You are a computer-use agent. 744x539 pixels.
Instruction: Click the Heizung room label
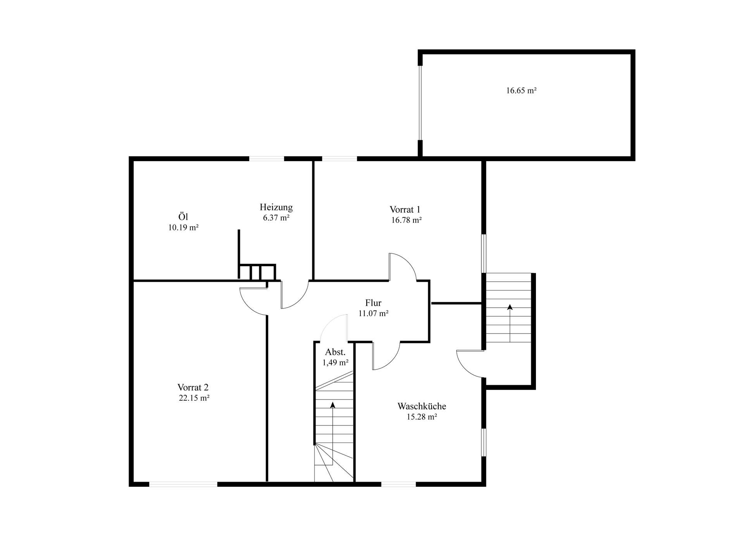click(276, 207)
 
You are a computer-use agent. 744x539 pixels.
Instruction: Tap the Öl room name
click(183, 217)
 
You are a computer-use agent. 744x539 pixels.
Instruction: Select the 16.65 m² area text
click(521, 91)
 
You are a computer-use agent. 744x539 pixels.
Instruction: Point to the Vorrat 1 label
click(405, 210)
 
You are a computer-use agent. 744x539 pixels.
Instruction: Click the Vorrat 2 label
click(193, 387)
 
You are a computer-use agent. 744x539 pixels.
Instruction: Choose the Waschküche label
click(422, 406)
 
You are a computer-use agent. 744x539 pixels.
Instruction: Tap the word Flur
click(373, 303)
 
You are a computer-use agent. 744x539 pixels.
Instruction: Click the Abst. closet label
click(335, 352)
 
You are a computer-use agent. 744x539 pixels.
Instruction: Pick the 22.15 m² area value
click(194, 398)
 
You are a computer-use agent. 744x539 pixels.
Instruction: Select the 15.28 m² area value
click(422, 417)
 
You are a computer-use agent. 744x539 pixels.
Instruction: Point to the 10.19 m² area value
click(183, 228)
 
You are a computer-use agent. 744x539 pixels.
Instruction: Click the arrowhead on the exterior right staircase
click(510, 307)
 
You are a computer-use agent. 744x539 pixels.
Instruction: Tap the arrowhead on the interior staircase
click(332, 405)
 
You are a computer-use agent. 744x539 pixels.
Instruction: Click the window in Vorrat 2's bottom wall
click(183, 484)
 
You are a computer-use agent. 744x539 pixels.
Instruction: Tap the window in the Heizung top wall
click(267, 158)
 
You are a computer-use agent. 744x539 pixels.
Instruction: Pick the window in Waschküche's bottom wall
click(398, 484)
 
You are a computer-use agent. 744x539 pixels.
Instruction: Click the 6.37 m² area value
click(276, 218)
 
